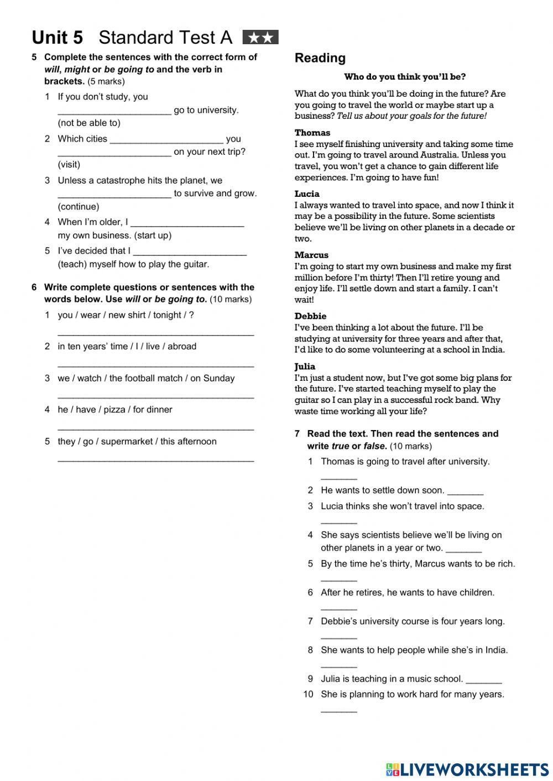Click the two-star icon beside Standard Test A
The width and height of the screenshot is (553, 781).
(x=260, y=38)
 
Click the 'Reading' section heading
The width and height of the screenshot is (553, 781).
(x=320, y=58)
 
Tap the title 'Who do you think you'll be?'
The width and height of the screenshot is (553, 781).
(x=405, y=77)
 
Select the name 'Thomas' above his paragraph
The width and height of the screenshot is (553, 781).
(x=312, y=133)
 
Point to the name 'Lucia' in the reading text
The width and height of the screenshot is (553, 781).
(x=307, y=194)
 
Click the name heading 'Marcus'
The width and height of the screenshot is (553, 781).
(x=311, y=255)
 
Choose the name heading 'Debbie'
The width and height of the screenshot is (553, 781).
(x=310, y=316)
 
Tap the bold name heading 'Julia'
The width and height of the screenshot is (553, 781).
(x=305, y=366)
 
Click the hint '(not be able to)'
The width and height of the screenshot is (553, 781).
(x=89, y=123)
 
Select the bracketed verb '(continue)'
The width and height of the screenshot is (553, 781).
(x=79, y=207)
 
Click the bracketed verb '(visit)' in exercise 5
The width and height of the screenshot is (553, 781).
(x=69, y=164)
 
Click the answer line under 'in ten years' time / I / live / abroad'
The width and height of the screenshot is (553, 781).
(x=155, y=365)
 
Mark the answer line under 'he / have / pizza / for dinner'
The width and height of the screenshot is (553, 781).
(x=155, y=428)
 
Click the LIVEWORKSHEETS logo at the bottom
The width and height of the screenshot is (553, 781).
(x=467, y=769)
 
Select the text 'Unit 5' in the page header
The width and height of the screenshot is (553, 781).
(x=58, y=38)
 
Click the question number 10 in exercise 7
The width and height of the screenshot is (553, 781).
(x=308, y=694)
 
